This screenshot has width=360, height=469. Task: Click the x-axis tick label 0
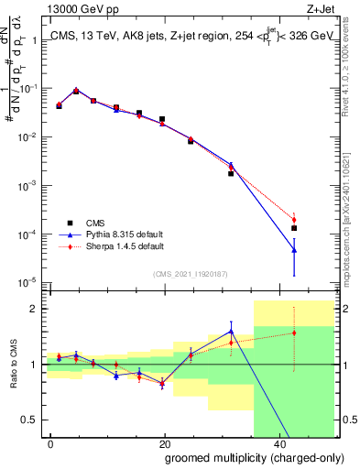pos(50,442)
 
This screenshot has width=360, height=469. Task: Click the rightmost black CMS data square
pos(294,228)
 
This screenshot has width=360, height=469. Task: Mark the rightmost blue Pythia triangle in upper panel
pos(294,249)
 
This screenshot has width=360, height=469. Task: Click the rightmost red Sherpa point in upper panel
pos(294,220)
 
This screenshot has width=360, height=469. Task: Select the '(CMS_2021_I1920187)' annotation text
pos(191,273)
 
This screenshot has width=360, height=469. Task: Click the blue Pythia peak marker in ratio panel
pos(231,332)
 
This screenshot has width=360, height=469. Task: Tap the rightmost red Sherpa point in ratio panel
pos(294,333)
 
